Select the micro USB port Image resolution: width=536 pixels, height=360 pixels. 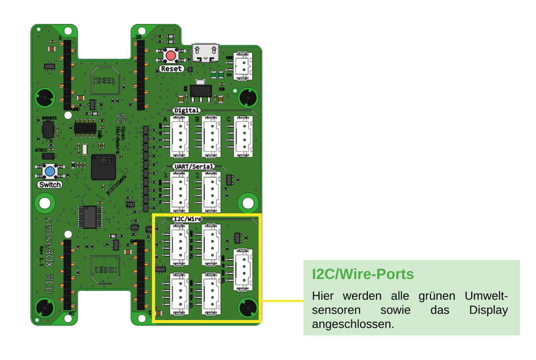click(206, 53)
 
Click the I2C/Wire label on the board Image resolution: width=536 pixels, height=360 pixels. click(187, 219)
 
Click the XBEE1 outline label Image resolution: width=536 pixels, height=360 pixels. click(106, 80)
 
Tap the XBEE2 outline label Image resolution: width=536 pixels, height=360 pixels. click(106, 268)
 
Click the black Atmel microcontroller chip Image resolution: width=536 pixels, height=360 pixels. click(103, 167)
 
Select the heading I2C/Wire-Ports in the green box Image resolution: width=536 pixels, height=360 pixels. click(363, 275)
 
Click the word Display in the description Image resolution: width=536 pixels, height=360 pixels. click(488, 310)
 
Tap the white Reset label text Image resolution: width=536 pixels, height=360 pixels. click(172, 69)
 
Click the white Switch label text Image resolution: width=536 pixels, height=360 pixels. click(49, 185)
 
